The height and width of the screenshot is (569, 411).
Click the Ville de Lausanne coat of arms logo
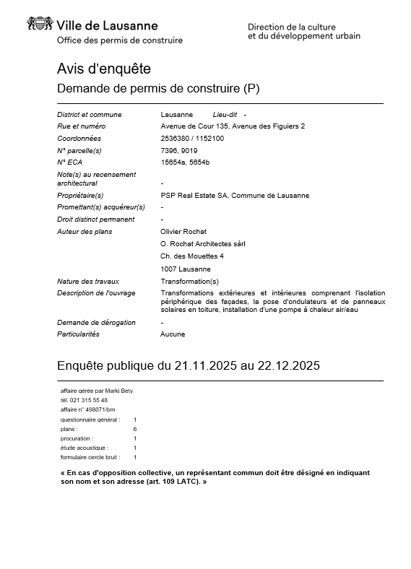coord(40,25)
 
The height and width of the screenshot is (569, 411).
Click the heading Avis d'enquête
coord(104,69)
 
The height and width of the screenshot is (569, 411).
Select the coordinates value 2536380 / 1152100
coord(192,138)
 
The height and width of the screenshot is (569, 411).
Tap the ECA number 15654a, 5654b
coord(185,162)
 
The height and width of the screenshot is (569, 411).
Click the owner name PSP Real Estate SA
coord(193,195)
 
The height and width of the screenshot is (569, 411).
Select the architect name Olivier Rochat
coord(183,232)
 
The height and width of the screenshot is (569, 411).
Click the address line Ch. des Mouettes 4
coord(192,256)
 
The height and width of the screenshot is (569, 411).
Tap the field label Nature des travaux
coord(88,281)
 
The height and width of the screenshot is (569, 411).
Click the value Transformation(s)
coord(189,281)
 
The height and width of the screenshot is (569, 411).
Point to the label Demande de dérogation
coord(96,322)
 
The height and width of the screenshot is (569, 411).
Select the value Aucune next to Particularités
coord(173,334)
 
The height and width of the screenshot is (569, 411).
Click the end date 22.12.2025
coord(286,366)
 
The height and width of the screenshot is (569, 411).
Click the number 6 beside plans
coord(135,429)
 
